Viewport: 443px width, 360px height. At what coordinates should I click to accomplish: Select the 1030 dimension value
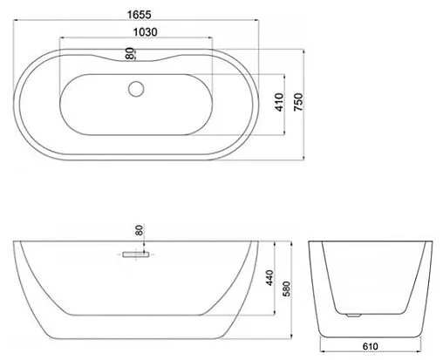point(135,31)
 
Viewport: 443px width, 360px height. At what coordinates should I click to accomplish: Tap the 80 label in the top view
point(130,54)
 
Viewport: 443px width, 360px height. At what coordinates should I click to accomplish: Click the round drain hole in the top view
point(135,87)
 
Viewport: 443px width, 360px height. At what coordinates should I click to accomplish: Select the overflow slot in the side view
point(135,254)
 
